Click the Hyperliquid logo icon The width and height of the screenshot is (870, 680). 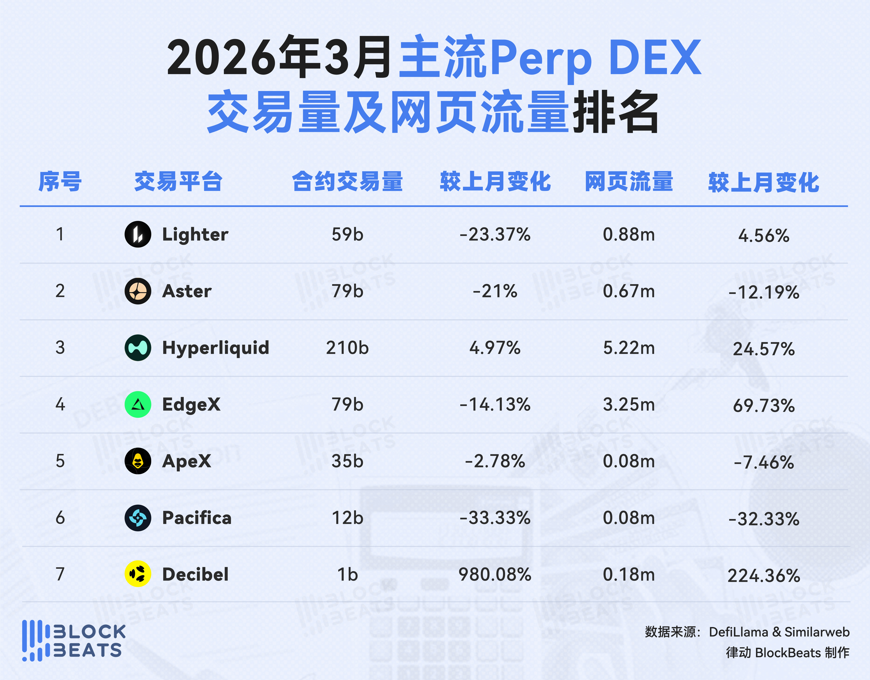click(138, 348)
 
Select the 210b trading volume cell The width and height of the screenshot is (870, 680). click(347, 348)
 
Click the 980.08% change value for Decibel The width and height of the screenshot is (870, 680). click(495, 574)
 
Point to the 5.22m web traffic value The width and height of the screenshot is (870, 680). click(629, 348)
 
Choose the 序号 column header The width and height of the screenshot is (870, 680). click(60, 182)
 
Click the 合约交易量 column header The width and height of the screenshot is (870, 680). click(347, 182)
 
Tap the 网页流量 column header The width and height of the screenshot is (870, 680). click(629, 182)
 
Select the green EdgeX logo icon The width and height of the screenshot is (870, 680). click(138, 405)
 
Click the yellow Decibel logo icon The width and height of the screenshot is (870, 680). click(138, 574)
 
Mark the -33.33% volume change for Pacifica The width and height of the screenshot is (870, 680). click(495, 518)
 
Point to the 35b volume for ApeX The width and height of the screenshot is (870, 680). click(347, 461)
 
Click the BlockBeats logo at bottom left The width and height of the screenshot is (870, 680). click(74, 640)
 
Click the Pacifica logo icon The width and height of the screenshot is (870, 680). click(138, 518)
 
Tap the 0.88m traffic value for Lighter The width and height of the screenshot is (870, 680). click(629, 234)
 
